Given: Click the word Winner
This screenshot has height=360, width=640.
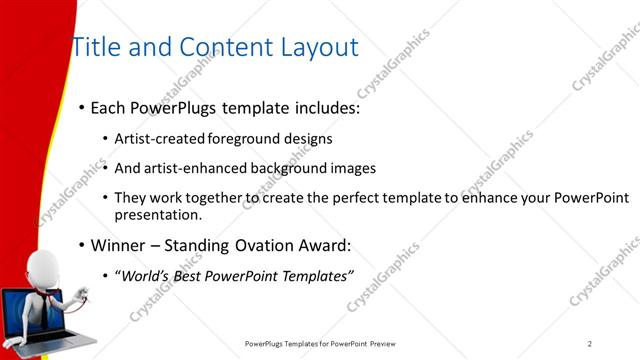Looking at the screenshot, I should pos(119,246).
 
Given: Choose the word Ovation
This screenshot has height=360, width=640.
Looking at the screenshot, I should pos(265,246).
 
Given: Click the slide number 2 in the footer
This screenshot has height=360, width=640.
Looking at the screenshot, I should pos(590,343).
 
